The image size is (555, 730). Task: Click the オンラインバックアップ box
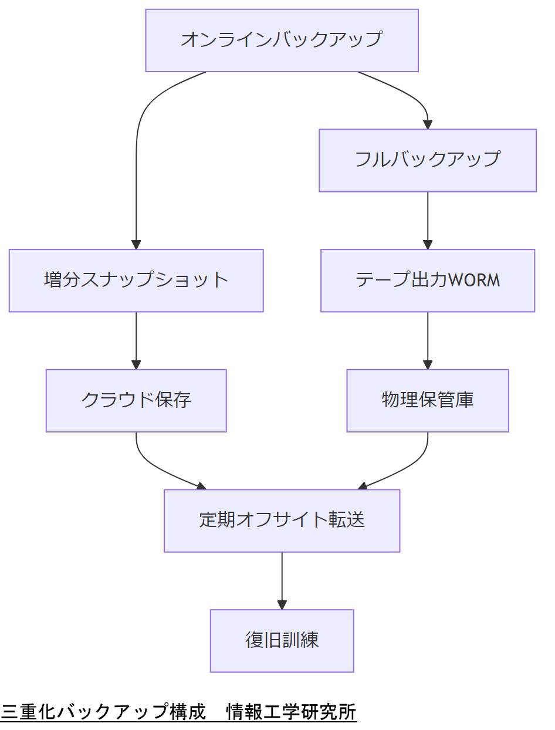click(282, 40)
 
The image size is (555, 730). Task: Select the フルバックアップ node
click(428, 160)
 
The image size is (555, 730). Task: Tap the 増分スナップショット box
click(136, 280)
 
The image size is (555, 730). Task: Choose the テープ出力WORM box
click(428, 280)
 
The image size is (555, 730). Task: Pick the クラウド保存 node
click(136, 401)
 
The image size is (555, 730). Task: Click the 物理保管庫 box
click(428, 401)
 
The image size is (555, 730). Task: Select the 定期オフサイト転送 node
click(282, 521)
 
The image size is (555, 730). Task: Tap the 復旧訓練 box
click(282, 641)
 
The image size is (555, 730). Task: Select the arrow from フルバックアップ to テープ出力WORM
click(428, 220)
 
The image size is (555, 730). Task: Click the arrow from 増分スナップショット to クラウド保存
click(136, 340)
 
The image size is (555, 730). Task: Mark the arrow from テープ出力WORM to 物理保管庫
click(428, 340)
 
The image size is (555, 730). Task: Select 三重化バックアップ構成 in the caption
click(103, 712)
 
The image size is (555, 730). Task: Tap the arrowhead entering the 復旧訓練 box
click(282, 605)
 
